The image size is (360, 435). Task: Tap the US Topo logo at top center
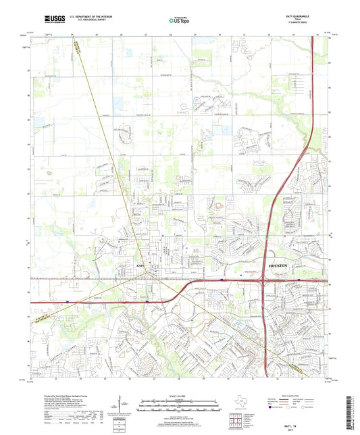coord(180,21)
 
